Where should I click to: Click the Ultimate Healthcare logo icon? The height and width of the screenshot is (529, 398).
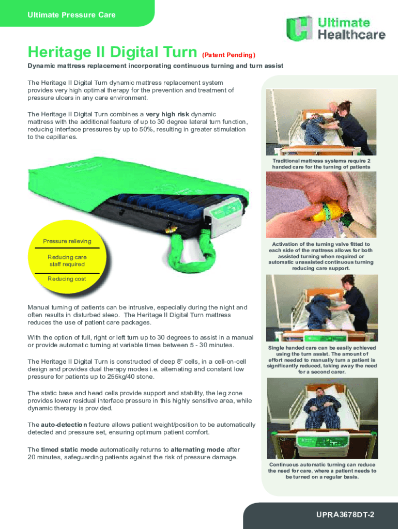point(299,28)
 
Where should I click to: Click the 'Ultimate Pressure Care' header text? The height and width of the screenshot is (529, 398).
point(71,15)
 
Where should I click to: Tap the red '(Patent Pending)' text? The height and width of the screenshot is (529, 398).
point(228,55)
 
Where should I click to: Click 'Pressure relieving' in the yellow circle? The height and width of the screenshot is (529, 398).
point(67,241)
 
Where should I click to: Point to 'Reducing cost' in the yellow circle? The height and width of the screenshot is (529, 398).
point(67,278)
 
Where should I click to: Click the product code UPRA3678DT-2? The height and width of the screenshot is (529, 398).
point(345,515)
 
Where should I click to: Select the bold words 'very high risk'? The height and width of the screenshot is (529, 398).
point(167,114)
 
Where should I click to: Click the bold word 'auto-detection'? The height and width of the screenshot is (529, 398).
point(64,425)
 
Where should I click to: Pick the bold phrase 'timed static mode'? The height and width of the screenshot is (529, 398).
point(69,449)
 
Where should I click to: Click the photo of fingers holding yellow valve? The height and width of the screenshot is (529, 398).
point(321,205)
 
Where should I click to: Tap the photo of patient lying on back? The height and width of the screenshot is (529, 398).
point(323,418)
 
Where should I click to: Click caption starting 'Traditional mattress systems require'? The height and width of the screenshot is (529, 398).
point(322,164)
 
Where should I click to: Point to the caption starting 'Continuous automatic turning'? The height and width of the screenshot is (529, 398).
point(322,471)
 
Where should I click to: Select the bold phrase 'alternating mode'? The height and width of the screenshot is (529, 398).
point(197,449)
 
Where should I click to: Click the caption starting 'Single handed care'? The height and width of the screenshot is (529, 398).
point(322,360)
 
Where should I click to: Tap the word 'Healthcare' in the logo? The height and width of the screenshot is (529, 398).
point(351,35)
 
